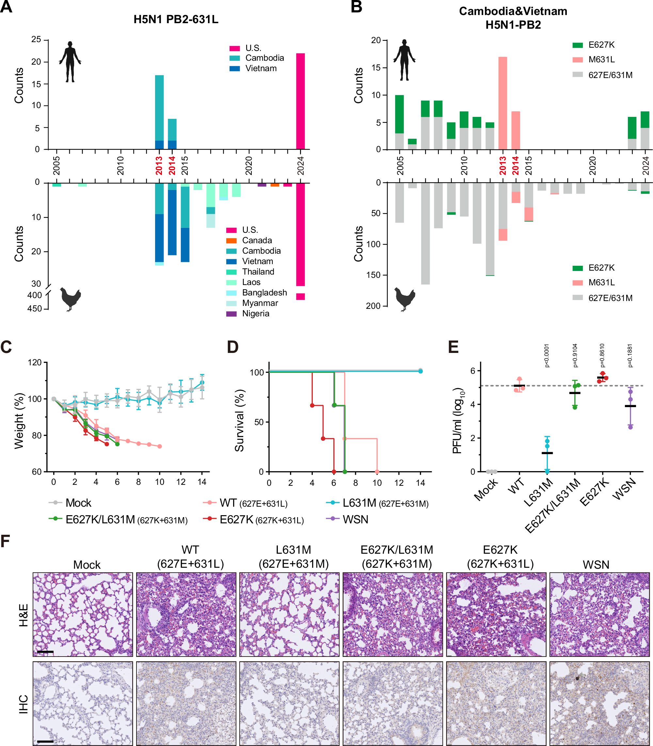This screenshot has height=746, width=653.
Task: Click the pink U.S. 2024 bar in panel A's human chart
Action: (300, 101)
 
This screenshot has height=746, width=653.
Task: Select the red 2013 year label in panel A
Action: (159, 166)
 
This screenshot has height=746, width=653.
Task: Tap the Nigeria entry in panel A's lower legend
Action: (255, 313)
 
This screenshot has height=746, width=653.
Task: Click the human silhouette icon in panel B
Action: (404, 60)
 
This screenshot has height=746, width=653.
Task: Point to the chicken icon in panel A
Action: (70, 299)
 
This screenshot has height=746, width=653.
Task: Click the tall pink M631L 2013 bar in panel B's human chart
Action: (502, 103)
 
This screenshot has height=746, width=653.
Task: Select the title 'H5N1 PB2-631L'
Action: (176, 19)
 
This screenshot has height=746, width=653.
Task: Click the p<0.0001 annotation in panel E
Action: (547, 355)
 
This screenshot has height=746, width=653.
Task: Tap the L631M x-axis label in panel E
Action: (539, 493)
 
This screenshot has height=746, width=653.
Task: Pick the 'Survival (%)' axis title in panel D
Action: (239, 421)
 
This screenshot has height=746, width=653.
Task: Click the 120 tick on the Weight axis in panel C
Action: (35, 362)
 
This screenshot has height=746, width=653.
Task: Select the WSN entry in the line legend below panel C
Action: (355, 519)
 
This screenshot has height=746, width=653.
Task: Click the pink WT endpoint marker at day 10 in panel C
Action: (160, 446)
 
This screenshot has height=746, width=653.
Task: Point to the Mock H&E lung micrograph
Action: (83, 614)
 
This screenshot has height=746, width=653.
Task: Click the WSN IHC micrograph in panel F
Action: (599, 703)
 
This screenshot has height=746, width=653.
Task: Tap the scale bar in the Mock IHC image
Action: (45, 741)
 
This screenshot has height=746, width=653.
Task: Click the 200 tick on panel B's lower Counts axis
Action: (373, 306)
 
